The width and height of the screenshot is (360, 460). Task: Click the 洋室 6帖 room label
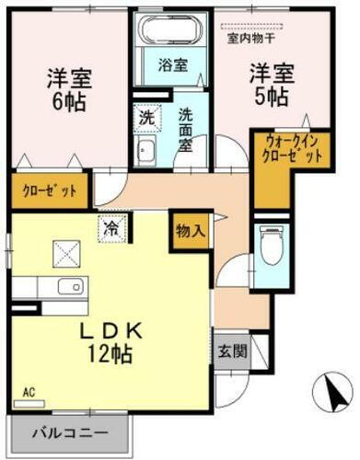coord(67,89)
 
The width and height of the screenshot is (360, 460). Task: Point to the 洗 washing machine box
coord(146,117)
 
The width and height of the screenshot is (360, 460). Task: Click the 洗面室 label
coord(186,132)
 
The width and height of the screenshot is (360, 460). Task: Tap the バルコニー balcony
coord(72,430)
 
